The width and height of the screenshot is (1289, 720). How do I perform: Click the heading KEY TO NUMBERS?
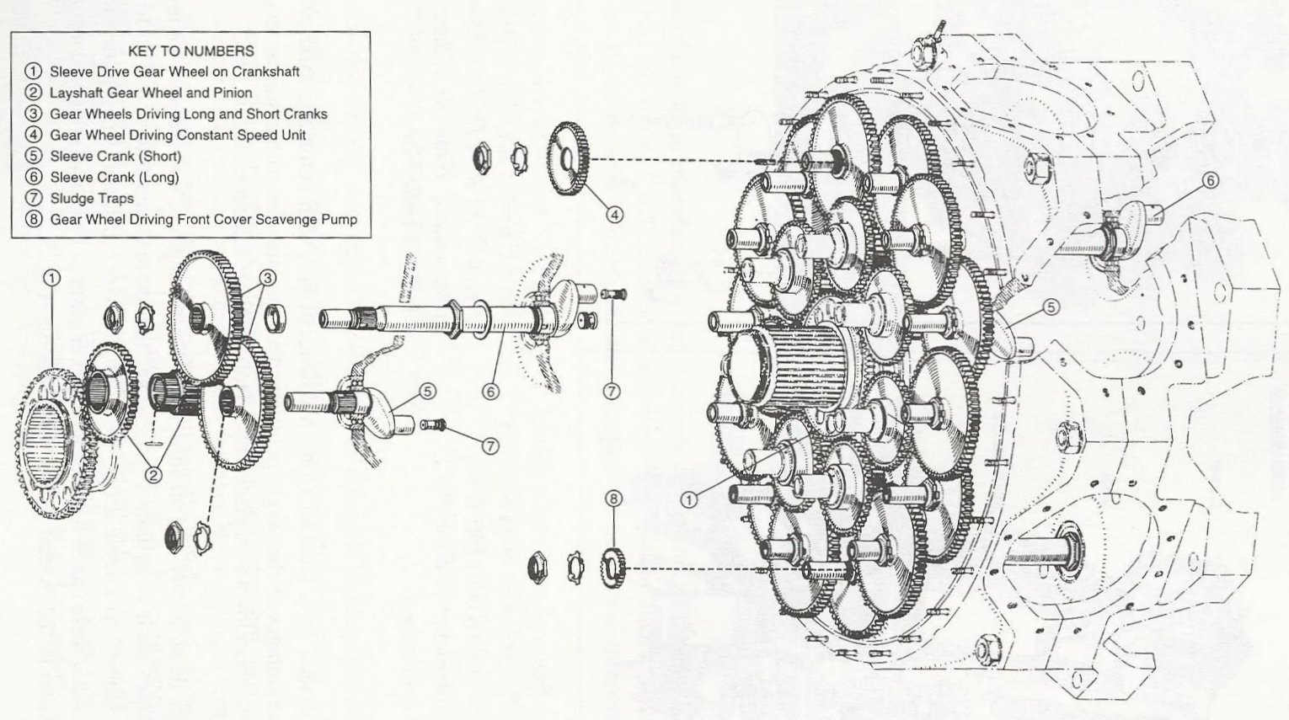pos(190,51)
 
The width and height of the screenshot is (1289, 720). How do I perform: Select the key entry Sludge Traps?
pos(91,199)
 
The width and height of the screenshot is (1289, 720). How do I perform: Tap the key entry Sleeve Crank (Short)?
pos(115,156)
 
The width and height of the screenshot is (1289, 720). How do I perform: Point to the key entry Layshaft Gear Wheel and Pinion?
pos(150,93)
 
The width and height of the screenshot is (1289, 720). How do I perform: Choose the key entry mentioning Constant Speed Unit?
pos(177,135)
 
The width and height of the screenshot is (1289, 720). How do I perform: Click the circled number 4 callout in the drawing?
pos(616,215)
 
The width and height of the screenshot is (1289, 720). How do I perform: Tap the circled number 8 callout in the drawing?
pos(613,499)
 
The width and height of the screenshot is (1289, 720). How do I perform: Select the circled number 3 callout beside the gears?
pos(267,278)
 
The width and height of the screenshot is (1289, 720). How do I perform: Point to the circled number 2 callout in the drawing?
pos(152,475)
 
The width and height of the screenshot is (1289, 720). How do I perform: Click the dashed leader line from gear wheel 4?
pos(674,160)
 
